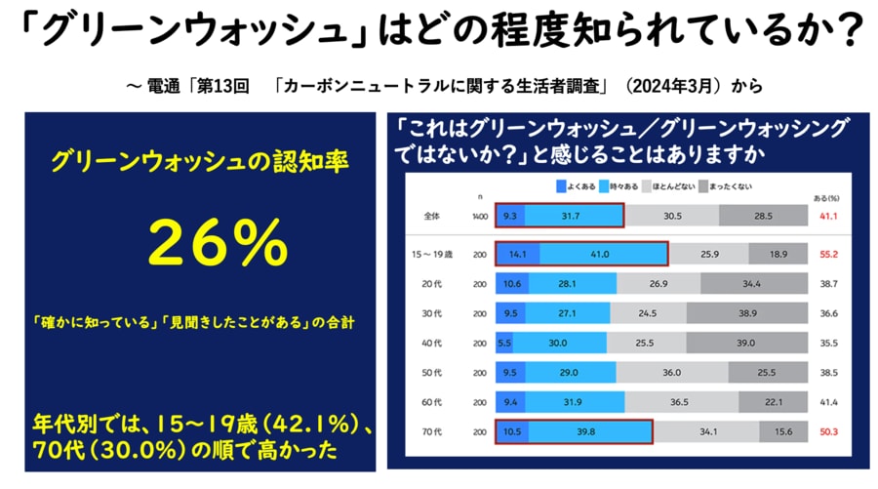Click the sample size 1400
click(477, 214)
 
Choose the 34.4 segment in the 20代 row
click(751, 284)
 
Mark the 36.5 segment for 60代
click(683, 402)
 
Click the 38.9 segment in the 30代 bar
click(746, 313)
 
